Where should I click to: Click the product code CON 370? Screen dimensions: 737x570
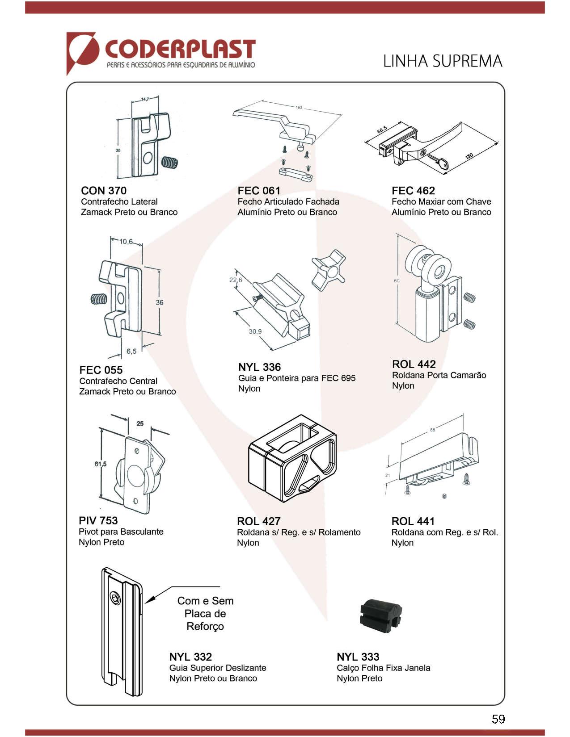click(104, 191)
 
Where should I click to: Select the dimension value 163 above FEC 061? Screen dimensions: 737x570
click(299, 107)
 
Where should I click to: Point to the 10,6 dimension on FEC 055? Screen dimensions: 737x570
click(126, 242)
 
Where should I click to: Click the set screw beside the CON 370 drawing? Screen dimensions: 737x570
click(169, 163)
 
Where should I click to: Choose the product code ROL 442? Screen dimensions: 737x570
click(414, 364)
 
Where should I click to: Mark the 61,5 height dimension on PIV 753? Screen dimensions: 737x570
click(101, 464)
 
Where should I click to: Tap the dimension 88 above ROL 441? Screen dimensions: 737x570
click(432, 430)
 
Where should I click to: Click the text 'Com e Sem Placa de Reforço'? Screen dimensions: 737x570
click(205, 613)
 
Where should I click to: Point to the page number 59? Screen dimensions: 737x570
click(498, 719)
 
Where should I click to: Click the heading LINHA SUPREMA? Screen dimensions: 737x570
click(443, 61)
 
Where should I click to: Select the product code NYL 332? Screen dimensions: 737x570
click(190, 657)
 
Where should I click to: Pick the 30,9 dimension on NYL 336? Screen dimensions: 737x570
click(255, 331)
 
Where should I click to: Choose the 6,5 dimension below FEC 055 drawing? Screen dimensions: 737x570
click(131, 351)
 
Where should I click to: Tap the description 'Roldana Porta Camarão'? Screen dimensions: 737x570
click(439, 375)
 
